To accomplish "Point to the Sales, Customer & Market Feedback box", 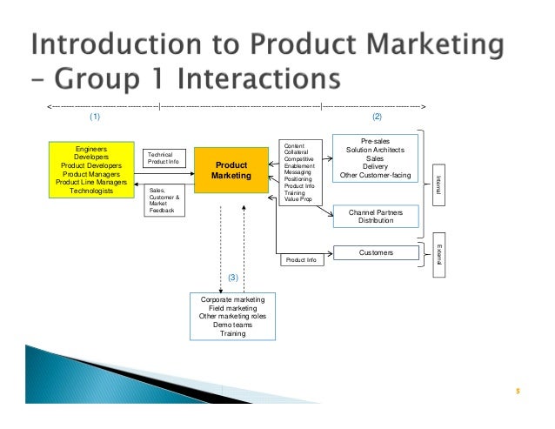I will click(x=164, y=200).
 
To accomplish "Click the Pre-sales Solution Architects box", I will click(x=375, y=158).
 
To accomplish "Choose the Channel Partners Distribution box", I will click(x=376, y=216).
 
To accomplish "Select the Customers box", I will click(x=376, y=252).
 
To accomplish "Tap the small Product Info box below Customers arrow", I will click(x=299, y=260).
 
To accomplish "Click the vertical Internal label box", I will click(x=439, y=181).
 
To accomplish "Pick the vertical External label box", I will click(x=439, y=252).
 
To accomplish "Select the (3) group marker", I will click(x=232, y=277).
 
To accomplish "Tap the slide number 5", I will click(x=518, y=391).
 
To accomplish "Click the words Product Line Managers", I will click(x=91, y=182).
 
